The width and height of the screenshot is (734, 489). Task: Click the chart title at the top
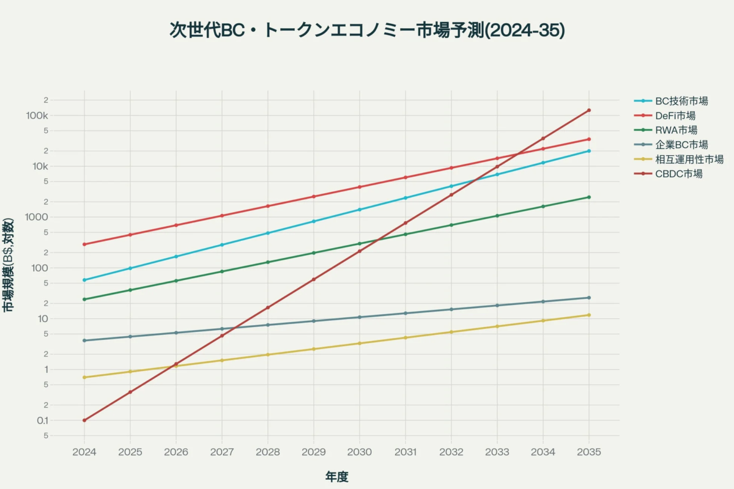point(367,30)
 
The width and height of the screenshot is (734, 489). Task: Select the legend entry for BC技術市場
point(681,101)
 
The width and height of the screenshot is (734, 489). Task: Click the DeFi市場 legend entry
point(675,116)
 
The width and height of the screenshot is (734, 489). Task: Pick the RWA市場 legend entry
point(676,130)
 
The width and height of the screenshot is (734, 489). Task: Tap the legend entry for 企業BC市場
point(681,145)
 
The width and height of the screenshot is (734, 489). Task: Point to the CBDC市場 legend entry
point(678,174)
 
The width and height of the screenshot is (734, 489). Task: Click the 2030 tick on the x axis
point(360,452)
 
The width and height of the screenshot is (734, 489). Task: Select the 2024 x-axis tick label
point(84,452)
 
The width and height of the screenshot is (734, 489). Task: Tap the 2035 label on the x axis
point(589,452)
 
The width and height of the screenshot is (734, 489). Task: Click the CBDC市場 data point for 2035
point(589,111)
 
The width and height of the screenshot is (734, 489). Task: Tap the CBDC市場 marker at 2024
point(84,421)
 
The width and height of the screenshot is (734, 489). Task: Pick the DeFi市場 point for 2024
point(84,244)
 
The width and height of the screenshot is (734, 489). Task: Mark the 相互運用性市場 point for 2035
point(589,315)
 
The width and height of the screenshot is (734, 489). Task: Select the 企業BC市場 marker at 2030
point(360,317)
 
